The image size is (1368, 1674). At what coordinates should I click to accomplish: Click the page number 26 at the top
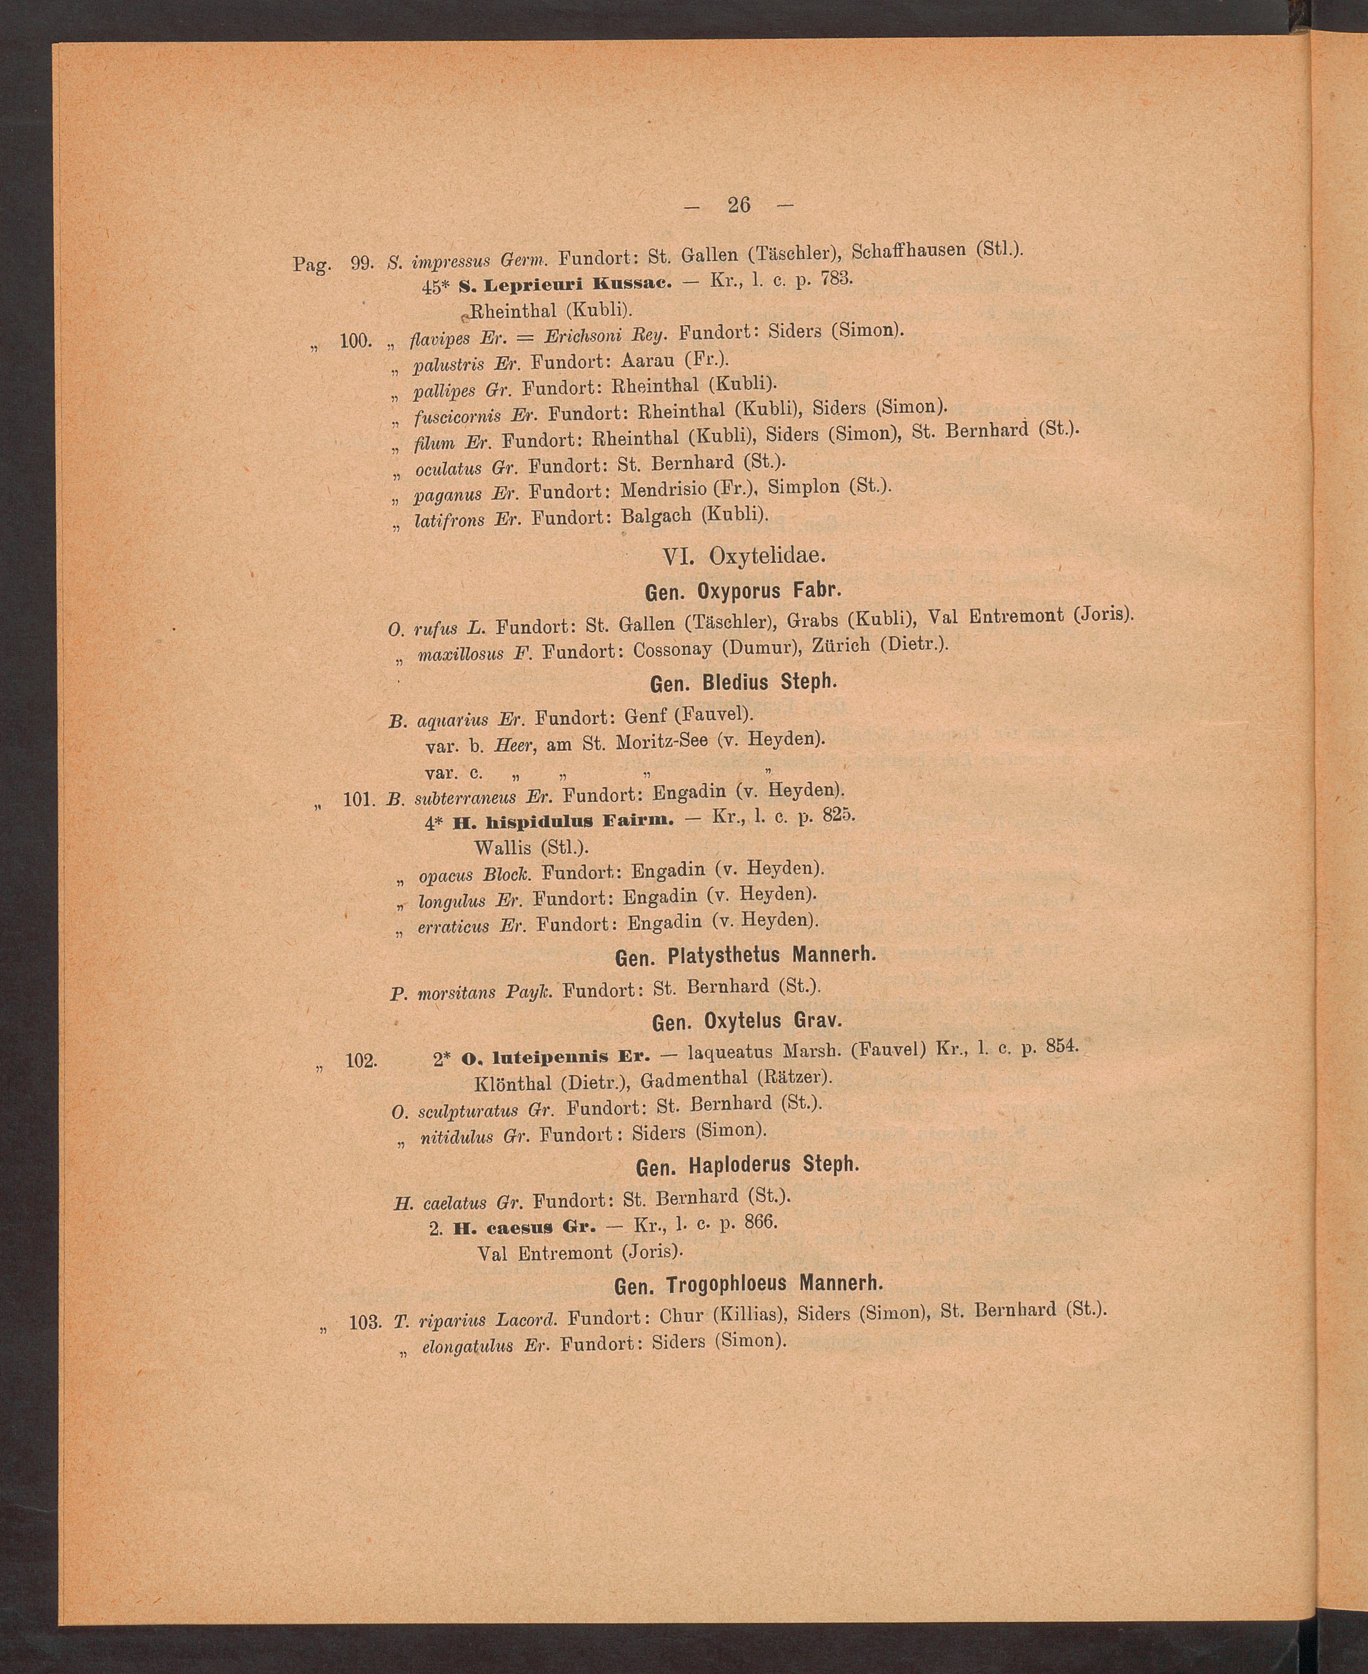[738, 205]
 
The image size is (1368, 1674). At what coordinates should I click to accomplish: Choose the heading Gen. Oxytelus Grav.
[747, 1022]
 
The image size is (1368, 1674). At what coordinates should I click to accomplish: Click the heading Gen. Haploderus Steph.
[746, 1165]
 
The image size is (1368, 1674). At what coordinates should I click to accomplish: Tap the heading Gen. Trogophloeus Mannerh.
[748, 1284]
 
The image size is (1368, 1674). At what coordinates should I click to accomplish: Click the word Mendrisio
[664, 490]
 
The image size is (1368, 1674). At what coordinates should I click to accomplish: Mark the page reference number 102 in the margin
[362, 1061]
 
